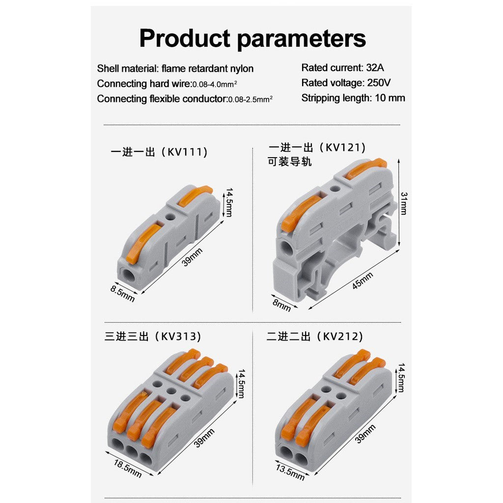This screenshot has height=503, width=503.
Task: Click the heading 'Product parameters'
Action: click(252, 38)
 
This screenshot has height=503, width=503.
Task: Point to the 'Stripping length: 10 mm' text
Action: click(353, 98)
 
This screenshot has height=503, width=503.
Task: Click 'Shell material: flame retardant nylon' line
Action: click(175, 68)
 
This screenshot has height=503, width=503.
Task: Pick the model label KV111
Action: click(187, 152)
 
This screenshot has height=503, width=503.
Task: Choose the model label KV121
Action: click(345, 147)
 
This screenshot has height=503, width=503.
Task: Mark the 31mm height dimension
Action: click(404, 203)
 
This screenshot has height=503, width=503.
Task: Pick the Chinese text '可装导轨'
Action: click(290, 162)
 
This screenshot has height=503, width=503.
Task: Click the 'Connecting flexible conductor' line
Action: click(185, 99)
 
